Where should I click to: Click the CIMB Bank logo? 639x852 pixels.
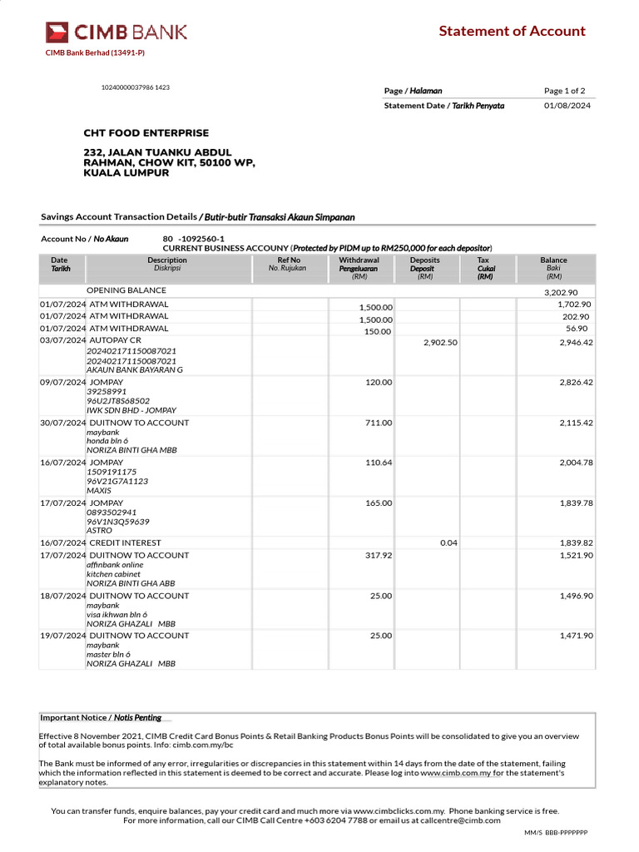pos(116,32)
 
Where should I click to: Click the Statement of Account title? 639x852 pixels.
pos(512,32)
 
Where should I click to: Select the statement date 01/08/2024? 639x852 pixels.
pos(567,106)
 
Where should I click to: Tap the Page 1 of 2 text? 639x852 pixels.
pos(565,91)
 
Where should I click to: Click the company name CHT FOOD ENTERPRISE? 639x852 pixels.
pos(146,133)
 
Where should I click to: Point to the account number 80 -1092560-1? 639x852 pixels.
pos(193,238)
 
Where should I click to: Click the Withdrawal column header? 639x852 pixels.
pos(359,260)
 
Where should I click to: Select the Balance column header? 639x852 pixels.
pos(553,260)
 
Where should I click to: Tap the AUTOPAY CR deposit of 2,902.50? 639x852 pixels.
pos(440,342)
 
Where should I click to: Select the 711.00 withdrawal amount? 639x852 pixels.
pos(379,423)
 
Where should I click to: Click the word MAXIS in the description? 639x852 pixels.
pos(99,491)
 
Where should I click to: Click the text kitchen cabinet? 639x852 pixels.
pos(113,574)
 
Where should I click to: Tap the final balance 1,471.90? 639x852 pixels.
pos(576,636)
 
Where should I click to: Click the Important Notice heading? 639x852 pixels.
pos(101,717)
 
